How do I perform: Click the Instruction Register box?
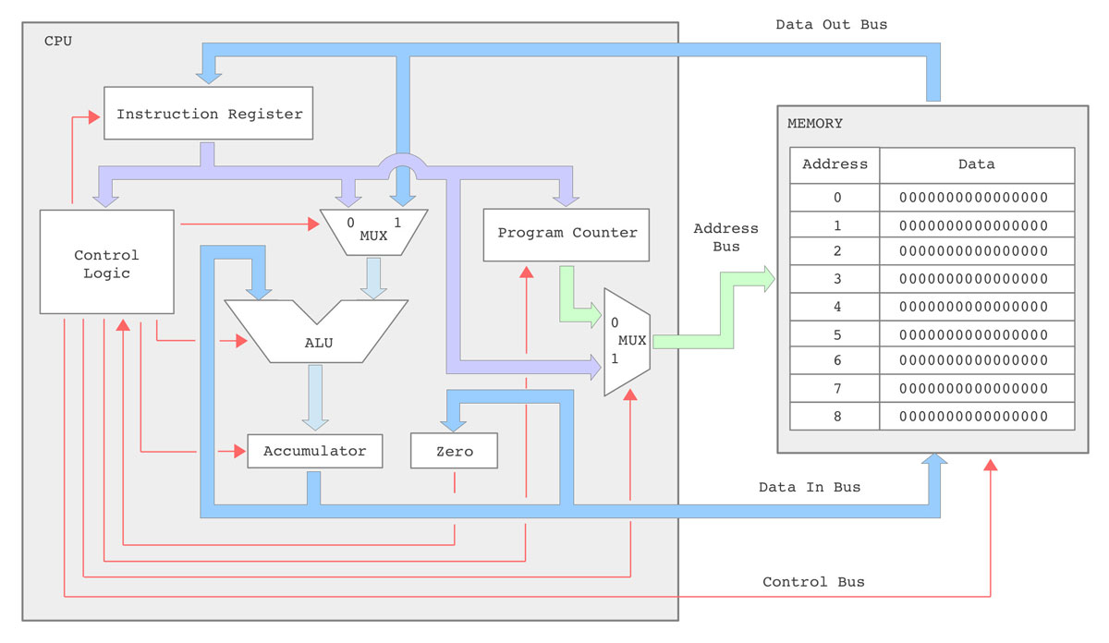(209, 114)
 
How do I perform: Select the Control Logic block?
(107, 262)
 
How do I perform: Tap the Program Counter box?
(567, 234)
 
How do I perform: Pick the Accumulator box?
(314, 451)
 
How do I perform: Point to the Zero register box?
(454, 452)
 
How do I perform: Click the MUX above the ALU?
(372, 229)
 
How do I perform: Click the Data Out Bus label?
(831, 25)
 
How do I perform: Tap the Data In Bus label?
(809, 487)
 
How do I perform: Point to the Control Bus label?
(813, 582)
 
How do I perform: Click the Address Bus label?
(725, 237)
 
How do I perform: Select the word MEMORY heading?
(815, 124)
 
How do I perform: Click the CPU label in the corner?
(57, 42)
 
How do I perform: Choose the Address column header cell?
(835, 164)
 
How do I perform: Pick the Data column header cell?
(976, 164)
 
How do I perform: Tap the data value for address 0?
(976, 197)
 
